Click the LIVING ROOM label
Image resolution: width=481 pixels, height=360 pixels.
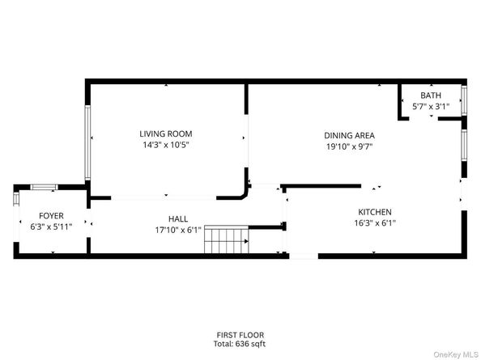[166, 134]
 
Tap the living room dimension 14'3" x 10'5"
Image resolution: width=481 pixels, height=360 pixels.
[166, 146]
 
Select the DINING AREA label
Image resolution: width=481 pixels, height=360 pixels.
[350, 136]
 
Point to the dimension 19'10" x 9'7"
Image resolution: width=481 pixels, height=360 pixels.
[350, 147]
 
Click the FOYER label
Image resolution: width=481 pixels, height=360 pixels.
[51, 216]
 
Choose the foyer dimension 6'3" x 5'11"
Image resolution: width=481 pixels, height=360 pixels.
[51, 227]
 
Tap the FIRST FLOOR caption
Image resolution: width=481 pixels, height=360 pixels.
[240, 335]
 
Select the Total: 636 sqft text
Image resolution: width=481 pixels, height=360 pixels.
[240, 345]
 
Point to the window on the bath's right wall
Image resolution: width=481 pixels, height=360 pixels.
[464, 100]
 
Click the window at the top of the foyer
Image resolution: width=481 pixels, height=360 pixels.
[43, 188]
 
